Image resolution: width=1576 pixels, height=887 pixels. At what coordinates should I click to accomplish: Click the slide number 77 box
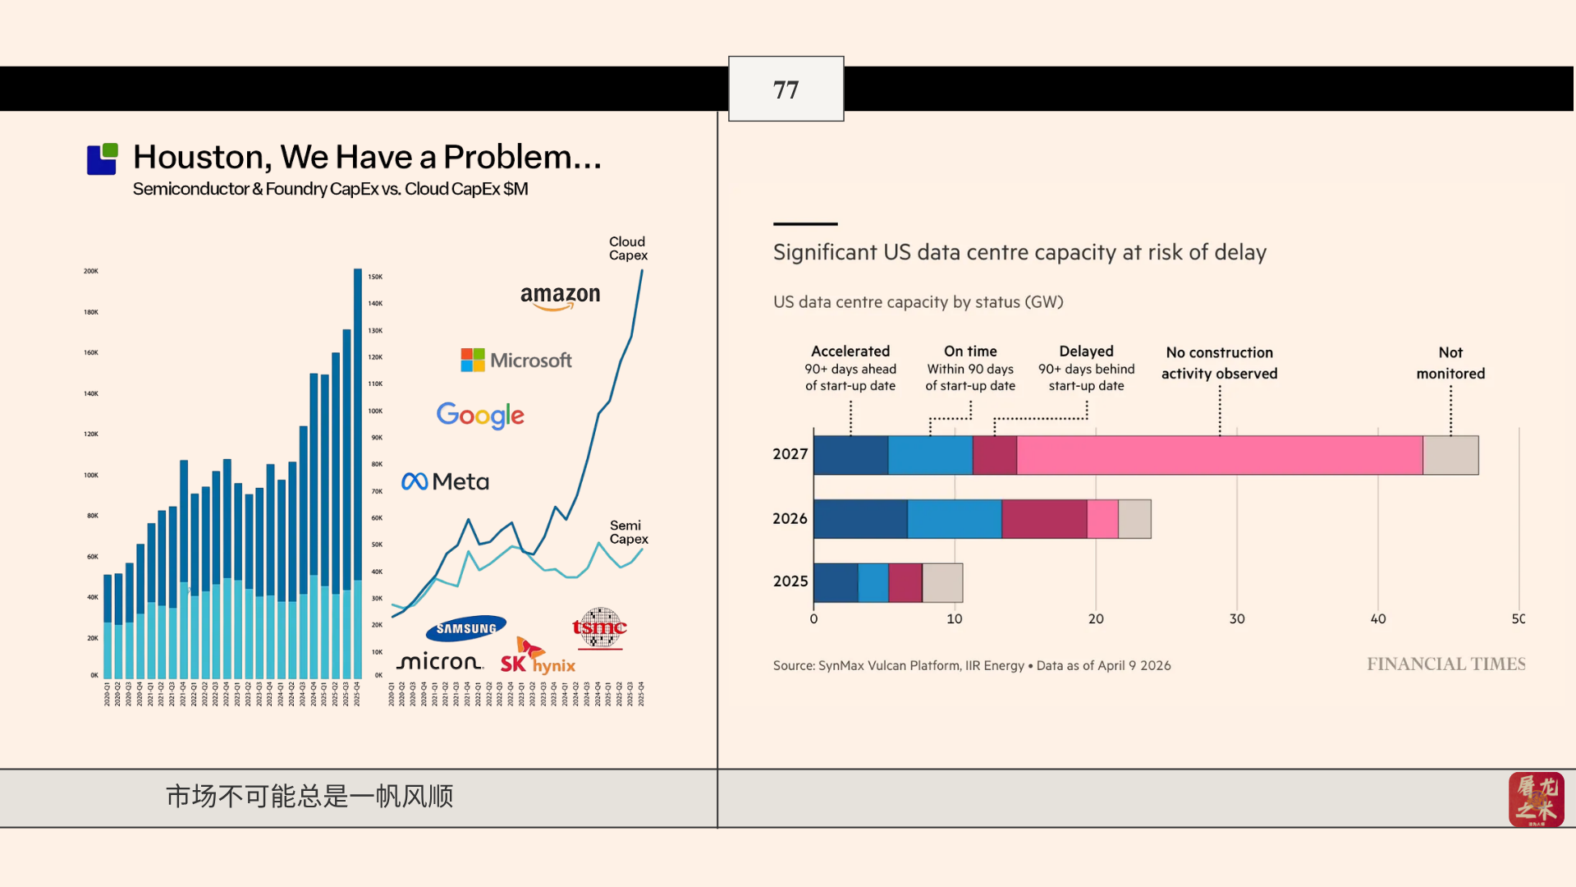(x=786, y=89)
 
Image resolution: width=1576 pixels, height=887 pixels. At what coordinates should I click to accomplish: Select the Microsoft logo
(x=516, y=360)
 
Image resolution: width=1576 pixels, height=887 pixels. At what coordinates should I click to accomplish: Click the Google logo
(x=480, y=416)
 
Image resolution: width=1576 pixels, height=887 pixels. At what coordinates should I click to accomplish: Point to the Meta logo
(x=445, y=481)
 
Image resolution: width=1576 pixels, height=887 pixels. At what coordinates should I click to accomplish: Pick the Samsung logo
(x=465, y=628)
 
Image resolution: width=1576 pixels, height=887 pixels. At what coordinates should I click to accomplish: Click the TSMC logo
(x=599, y=628)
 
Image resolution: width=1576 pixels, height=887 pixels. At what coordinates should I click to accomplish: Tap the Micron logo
(x=439, y=662)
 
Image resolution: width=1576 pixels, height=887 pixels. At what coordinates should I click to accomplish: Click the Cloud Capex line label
(x=628, y=248)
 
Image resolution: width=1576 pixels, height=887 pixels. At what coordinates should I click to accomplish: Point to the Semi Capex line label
(x=628, y=532)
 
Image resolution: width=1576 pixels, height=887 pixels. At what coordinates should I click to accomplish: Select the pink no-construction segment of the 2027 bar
(x=1219, y=455)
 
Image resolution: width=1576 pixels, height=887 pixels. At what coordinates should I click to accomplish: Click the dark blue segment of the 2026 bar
(x=860, y=519)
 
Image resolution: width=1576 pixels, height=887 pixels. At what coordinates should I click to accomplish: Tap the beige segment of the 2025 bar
(x=942, y=582)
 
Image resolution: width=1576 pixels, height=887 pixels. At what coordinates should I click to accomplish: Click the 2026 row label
(x=790, y=518)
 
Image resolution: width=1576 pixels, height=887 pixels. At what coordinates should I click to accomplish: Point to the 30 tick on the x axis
(x=1237, y=618)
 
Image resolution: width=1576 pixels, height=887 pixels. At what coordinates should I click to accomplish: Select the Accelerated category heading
(x=850, y=352)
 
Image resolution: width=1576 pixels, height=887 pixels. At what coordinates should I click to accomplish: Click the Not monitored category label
(x=1450, y=362)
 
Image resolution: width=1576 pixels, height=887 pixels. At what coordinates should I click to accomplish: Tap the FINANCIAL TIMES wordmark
(x=1445, y=664)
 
